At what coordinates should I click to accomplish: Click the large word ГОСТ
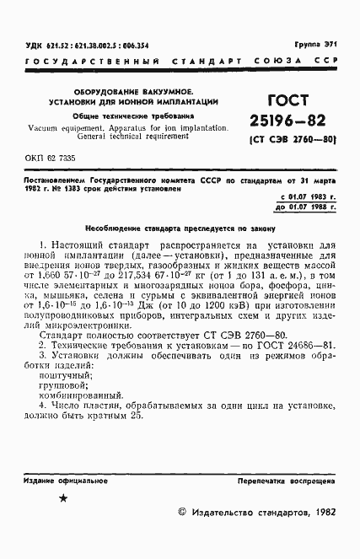pyautogui.click(x=288, y=97)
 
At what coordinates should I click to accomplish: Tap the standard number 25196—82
pyautogui.click(x=288, y=121)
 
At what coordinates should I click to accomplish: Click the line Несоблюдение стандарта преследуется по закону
pyautogui.click(x=180, y=228)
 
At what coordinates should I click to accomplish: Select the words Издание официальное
pyautogui.click(x=62, y=480)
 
